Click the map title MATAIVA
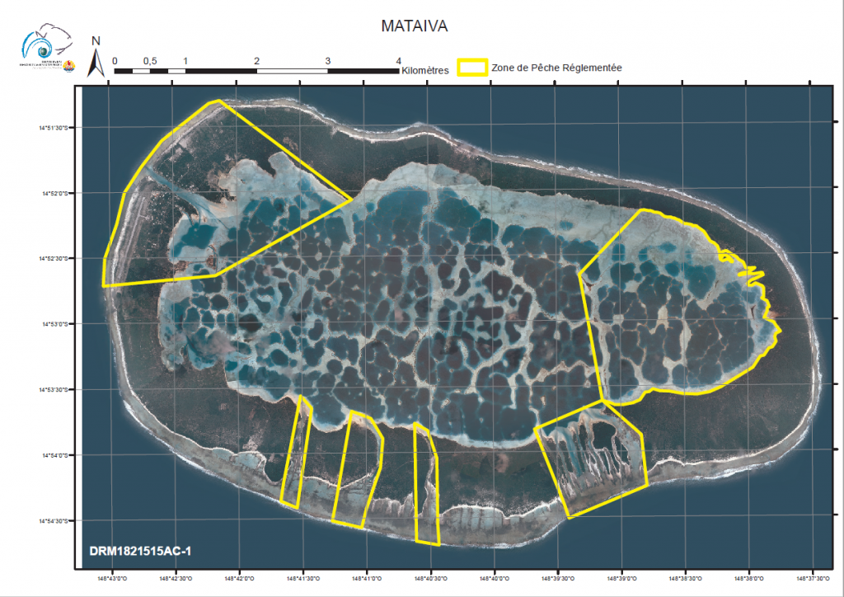415,26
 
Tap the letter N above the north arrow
96,41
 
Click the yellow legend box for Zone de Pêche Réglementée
472,68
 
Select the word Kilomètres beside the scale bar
425,72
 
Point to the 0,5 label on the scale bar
150,61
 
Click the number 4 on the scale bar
399,61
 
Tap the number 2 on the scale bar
257,61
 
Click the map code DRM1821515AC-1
141,549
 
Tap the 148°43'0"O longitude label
112,578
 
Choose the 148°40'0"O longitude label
495,578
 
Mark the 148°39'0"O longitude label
621,578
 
